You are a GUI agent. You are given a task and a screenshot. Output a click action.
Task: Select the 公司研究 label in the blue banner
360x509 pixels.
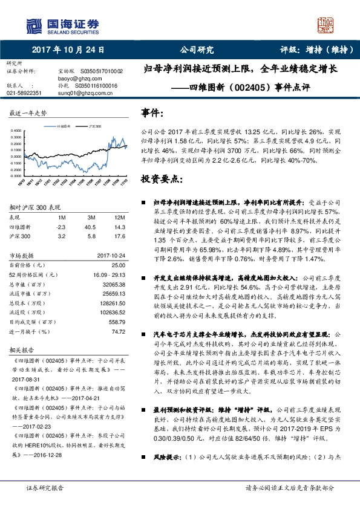pyautogui.click(x=197, y=50)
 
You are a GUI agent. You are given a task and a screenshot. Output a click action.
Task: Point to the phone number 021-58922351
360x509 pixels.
pyautogui.click(x=24, y=93)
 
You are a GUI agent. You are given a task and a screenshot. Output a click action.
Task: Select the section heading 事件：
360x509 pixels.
pyautogui.click(x=152, y=113)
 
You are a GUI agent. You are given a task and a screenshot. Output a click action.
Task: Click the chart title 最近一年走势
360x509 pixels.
pyautogui.click(x=28, y=114)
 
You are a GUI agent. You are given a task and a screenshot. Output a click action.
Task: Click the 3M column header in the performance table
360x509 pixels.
pyautogui.click(x=91, y=217)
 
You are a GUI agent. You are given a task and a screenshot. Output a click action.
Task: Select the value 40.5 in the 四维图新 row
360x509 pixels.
pyautogui.click(x=91, y=227)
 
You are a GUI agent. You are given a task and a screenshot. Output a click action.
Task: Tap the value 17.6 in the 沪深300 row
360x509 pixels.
pyautogui.click(x=119, y=236)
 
